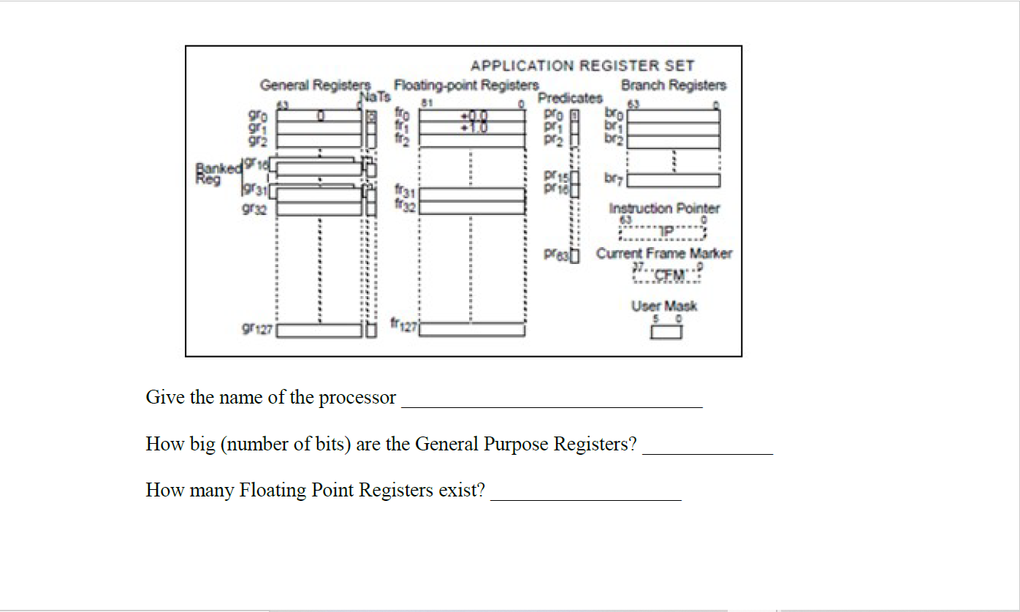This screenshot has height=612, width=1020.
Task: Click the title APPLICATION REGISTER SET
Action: [x=582, y=66]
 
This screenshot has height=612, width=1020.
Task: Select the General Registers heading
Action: [x=316, y=86]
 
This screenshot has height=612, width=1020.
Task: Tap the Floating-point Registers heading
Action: [x=466, y=86]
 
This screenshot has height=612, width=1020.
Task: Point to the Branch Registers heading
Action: [x=673, y=86]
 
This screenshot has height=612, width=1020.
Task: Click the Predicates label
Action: [x=570, y=98]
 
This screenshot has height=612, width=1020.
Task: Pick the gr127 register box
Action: [x=319, y=330]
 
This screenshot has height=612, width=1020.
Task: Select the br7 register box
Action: [x=673, y=180]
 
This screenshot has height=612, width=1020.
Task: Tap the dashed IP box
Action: [x=663, y=233]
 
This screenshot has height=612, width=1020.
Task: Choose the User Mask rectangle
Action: [x=666, y=332]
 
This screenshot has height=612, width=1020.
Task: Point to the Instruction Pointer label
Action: [x=664, y=209]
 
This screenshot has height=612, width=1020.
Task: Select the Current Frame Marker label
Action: [x=663, y=254]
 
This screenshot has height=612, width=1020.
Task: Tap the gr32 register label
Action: [x=260, y=209]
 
